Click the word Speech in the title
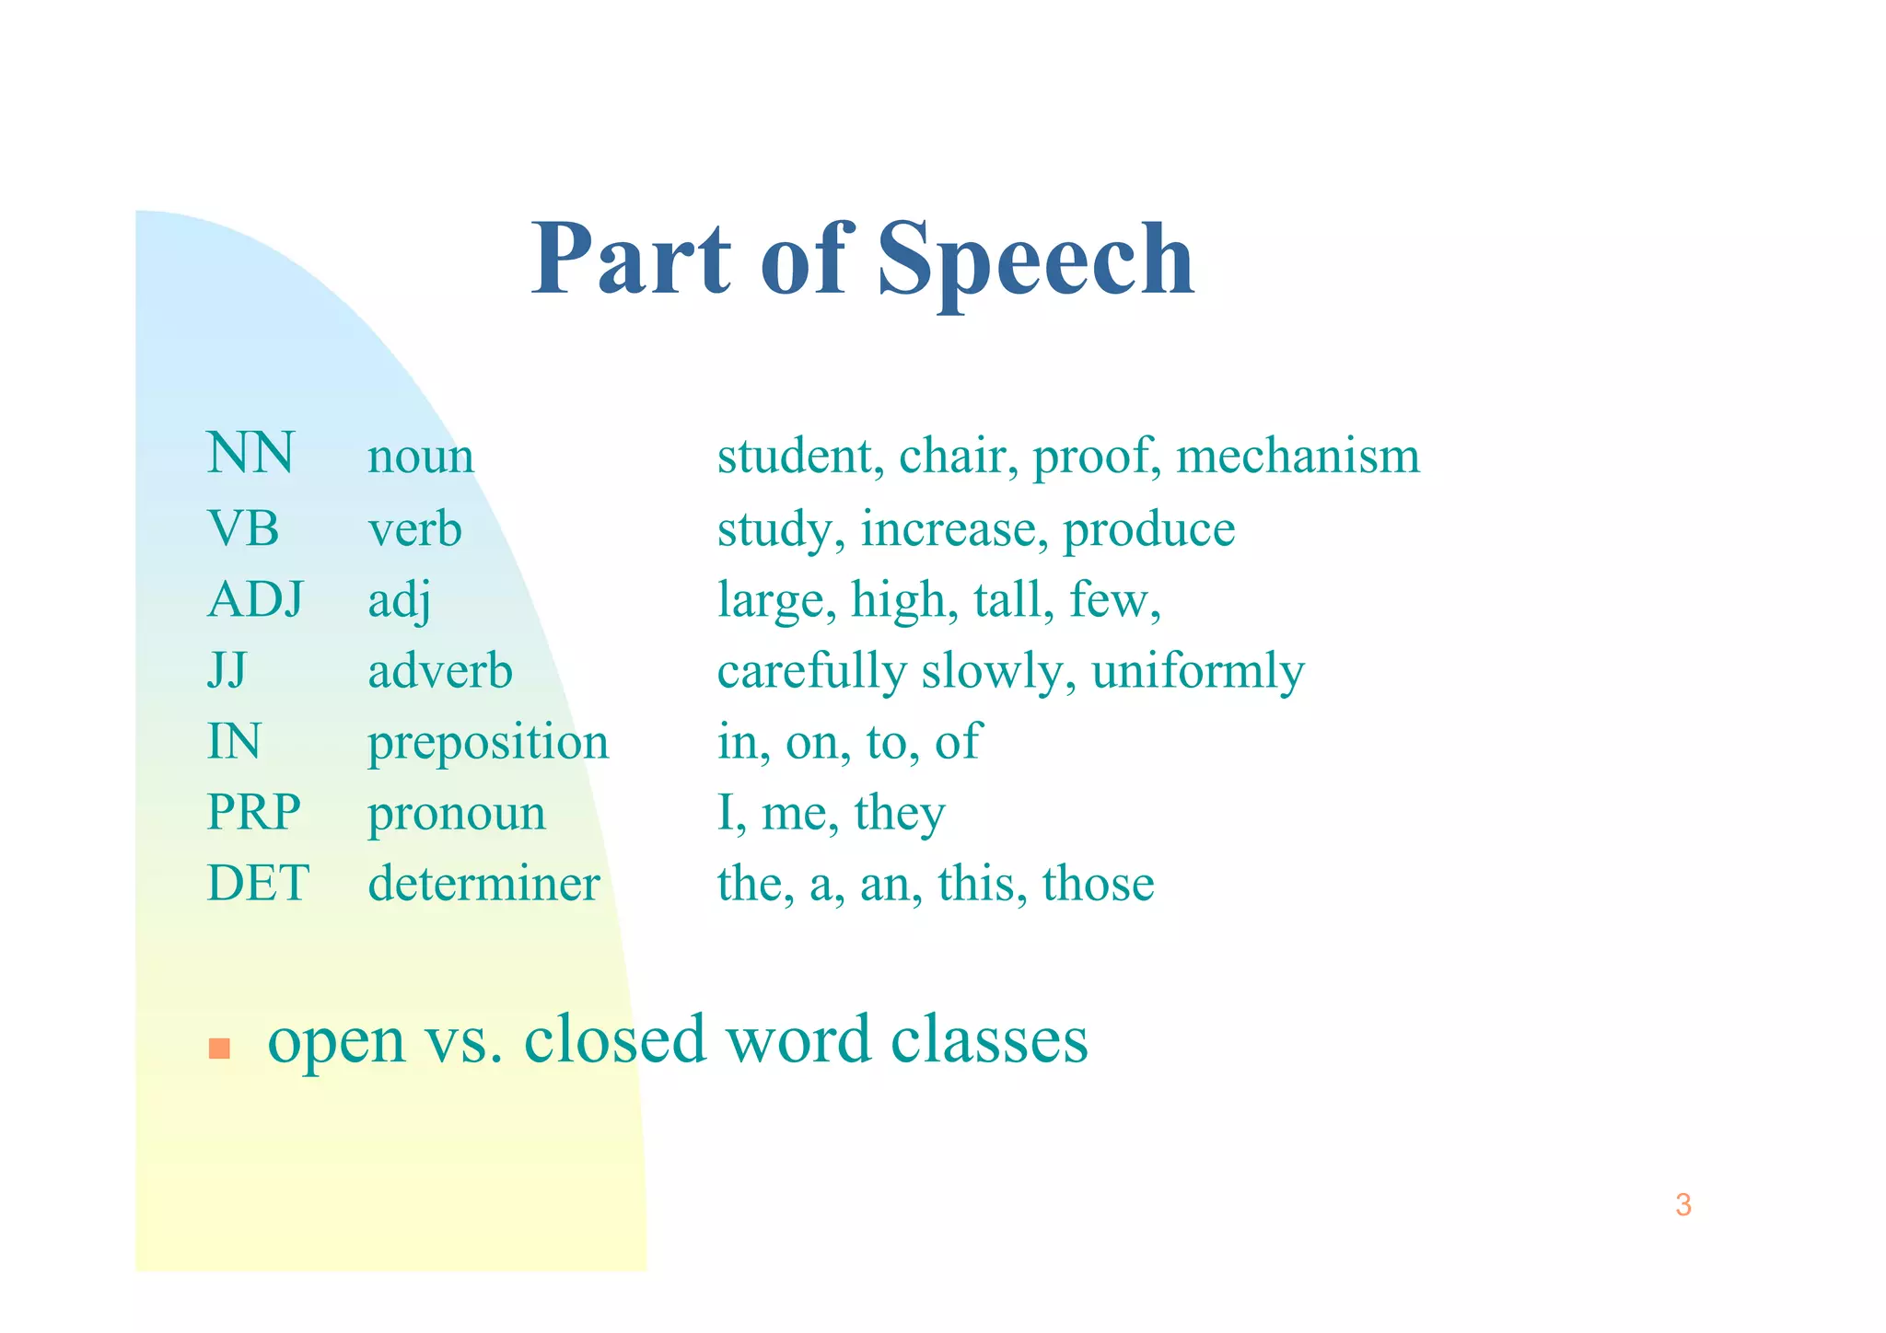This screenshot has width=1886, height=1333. point(1035,262)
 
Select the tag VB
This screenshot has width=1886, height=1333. point(243,528)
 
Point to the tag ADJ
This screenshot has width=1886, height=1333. point(255,599)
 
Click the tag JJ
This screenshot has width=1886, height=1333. point(227,670)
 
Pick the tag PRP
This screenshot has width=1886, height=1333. point(253,812)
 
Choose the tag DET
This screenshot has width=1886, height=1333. point(258,883)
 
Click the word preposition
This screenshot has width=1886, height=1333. point(488,744)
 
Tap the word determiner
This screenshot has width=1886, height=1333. point(483,884)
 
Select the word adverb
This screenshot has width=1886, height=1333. point(440,670)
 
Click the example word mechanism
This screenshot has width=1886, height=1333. point(1298,456)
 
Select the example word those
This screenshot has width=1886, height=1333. point(1098,884)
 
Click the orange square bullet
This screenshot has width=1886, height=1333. point(219,1049)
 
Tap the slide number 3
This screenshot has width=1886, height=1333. point(1682,1205)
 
